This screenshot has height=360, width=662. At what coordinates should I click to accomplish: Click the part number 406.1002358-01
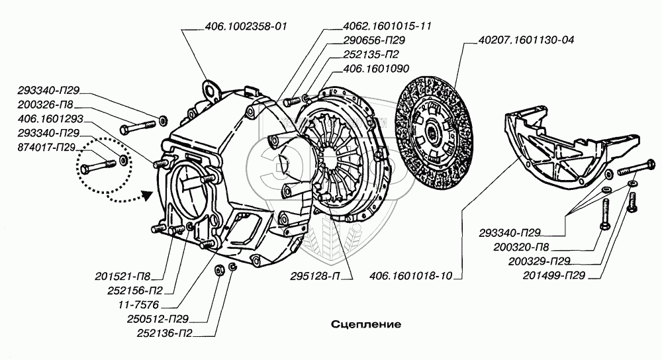pyautogui.click(x=246, y=26)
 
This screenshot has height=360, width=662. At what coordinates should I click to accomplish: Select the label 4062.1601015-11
pyautogui.click(x=387, y=26)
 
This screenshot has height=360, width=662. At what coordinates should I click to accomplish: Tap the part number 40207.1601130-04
pyautogui.click(x=526, y=40)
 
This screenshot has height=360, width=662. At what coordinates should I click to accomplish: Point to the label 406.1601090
pyautogui.click(x=376, y=68)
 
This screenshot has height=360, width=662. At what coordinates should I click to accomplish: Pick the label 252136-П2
pyautogui.click(x=165, y=334)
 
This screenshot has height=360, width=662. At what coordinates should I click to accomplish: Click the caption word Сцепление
pyautogui.click(x=366, y=324)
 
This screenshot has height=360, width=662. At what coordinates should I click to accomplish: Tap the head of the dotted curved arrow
pyautogui.click(x=146, y=195)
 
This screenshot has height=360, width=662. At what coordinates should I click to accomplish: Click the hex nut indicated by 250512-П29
pyautogui.click(x=219, y=270)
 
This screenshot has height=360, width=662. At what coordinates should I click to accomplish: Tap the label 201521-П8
pyautogui.click(x=122, y=277)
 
